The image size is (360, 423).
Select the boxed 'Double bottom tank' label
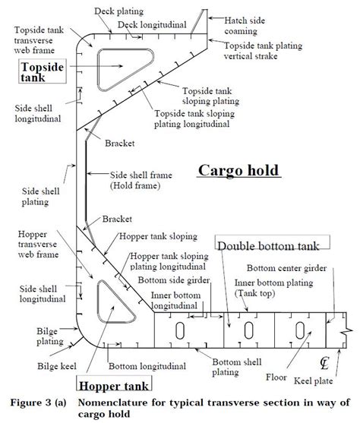tap(272, 245)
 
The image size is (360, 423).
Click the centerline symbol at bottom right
tap(325, 362)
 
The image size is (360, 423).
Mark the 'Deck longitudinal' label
tap(153, 24)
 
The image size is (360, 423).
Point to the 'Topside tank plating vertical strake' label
tap(279, 52)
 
